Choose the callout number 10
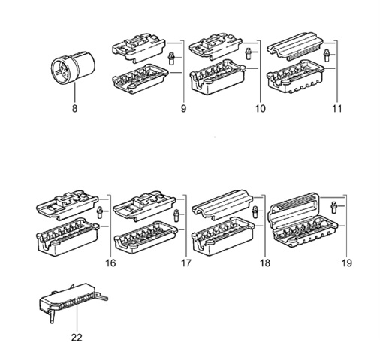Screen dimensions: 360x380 [x=261, y=109]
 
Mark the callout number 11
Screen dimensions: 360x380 [x=337, y=109]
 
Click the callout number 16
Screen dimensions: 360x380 [x=111, y=263]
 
